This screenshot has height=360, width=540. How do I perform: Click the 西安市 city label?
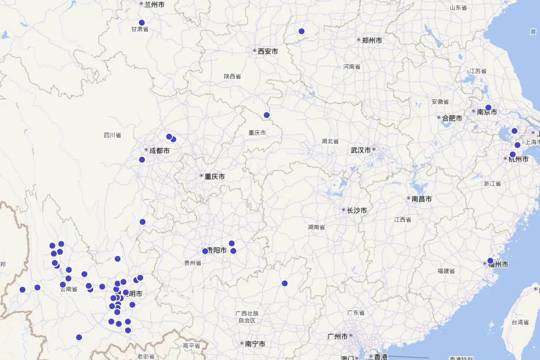268,51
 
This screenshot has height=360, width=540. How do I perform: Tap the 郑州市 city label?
372,40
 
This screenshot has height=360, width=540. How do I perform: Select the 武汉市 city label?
361,150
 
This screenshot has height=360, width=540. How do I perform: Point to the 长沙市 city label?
357,210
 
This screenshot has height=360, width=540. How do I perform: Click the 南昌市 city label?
422,199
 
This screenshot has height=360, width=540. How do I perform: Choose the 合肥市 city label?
452,118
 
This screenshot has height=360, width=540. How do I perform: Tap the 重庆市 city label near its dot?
215,176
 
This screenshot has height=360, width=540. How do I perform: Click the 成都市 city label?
159,151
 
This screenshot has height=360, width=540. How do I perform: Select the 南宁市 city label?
255,344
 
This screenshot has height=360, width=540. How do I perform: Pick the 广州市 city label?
337,336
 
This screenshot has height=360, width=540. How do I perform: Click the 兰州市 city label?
154,4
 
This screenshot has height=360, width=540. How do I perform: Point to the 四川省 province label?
112,135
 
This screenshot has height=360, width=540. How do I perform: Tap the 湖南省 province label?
316,227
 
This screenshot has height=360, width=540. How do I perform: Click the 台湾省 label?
520,322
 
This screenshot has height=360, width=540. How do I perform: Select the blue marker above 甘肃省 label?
142,22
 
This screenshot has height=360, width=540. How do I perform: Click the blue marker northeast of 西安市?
301,31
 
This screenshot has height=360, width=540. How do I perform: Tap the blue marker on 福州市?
490,261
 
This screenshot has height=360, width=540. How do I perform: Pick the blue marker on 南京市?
488,108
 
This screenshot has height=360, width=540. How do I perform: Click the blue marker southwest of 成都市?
142,159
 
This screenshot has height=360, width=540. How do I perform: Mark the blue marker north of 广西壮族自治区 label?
285,283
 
